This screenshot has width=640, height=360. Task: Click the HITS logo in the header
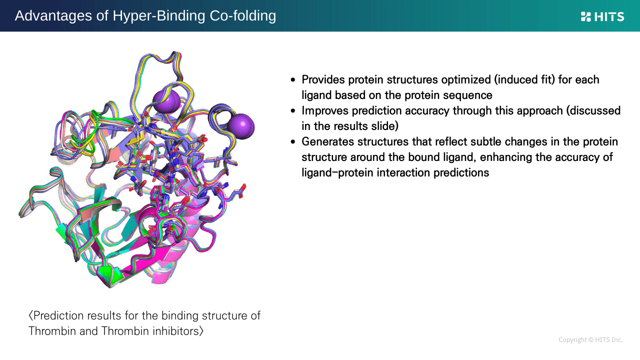coord(602,16)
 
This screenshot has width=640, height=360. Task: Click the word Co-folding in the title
coord(243,15)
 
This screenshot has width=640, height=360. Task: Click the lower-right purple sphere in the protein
coord(241,126)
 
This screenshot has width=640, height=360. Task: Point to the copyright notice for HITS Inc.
coord(590,339)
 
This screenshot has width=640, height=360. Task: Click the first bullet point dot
coord(293,79)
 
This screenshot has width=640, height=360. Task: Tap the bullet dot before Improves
coord(293,111)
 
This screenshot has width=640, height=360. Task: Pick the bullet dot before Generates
coord(293,141)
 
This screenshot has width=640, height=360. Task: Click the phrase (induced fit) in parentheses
coord(524,79)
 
